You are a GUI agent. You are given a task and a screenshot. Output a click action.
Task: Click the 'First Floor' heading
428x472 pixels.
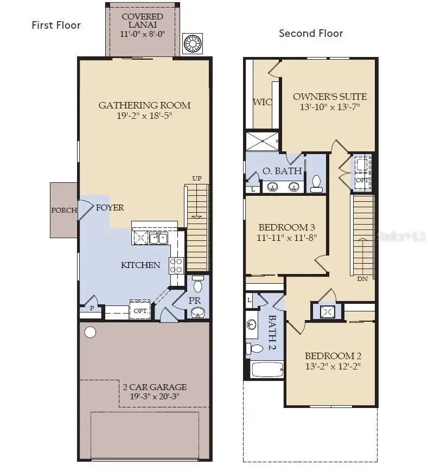click(x=56, y=25)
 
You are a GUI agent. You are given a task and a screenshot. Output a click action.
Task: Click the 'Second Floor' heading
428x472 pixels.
click(x=311, y=33)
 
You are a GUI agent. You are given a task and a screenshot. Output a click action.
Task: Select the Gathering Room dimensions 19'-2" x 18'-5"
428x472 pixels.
click(x=144, y=116)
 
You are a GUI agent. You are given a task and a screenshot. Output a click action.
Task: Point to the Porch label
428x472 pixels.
click(x=64, y=211)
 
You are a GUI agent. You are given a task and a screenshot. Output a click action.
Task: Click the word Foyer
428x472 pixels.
click(x=110, y=207)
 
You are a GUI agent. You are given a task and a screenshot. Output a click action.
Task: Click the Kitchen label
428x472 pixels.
click(x=140, y=265)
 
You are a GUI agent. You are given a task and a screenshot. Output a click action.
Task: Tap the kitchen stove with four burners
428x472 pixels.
click(x=176, y=265)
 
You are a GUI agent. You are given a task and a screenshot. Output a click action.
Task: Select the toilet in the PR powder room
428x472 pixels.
click(x=197, y=284)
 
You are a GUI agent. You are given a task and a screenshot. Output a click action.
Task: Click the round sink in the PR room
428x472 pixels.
click(x=198, y=312)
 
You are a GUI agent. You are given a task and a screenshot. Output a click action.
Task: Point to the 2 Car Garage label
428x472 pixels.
click(x=154, y=387)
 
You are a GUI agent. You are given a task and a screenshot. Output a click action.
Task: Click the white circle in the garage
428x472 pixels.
click(x=90, y=332)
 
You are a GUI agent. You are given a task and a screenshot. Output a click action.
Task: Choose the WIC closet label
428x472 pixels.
click(x=263, y=102)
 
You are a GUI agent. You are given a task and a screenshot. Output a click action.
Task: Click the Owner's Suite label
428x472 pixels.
click(x=330, y=97)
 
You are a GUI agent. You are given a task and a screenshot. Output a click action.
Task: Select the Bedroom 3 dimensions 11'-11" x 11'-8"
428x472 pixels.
click(x=286, y=237)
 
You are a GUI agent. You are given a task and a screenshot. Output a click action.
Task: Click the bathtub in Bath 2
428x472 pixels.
click(x=267, y=370)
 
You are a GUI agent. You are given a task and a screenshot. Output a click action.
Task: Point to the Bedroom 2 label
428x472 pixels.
click(x=333, y=356)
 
